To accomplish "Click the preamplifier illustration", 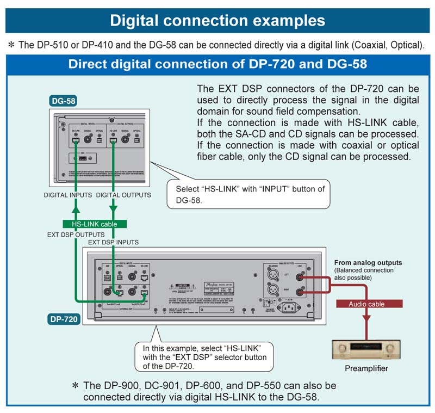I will pos(366,349).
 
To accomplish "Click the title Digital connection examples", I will pos(217,21).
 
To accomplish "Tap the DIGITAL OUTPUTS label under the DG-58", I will pos(123,195).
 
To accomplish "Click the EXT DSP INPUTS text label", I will pos(113,242).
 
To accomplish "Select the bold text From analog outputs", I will pos(368,263).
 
